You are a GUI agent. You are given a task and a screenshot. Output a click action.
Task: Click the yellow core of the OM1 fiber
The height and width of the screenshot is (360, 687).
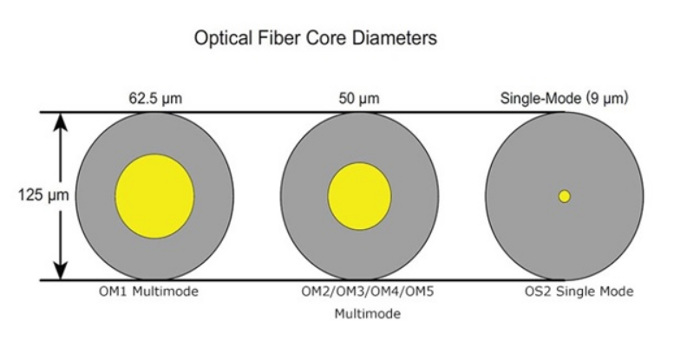tap(154, 196)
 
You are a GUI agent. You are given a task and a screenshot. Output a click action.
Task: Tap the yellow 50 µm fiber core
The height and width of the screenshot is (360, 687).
tap(360, 196)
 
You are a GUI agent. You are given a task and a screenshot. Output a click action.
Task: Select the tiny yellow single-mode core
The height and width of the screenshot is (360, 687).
tap(565, 196)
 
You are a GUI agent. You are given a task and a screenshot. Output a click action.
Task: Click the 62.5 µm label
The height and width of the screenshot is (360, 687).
tap(155, 99)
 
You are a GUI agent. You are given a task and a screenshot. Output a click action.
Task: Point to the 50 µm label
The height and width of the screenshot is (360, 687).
tap(359, 99)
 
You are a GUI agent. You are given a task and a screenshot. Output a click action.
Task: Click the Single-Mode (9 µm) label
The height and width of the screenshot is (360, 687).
tap(565, 99)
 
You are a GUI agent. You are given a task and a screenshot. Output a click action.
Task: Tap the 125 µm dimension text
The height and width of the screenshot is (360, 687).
tap(43, 194)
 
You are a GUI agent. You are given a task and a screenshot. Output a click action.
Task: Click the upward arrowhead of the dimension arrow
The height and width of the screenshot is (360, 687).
tap(61, 122)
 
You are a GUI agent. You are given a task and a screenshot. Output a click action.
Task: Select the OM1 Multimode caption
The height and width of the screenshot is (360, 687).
tap(148, 291)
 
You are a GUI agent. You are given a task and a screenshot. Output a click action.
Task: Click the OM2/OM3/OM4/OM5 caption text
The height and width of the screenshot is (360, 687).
tap(367, 291)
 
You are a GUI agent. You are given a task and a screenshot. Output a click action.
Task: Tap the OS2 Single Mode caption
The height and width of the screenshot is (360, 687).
tap(579, 291)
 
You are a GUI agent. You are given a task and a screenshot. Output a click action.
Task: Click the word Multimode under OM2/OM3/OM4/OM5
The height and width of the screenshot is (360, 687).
tap(368, 313)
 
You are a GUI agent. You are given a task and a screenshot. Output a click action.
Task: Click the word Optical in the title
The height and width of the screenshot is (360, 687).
tap(223, 38)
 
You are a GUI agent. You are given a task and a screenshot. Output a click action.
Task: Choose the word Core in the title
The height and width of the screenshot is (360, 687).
tap(326, 37)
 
